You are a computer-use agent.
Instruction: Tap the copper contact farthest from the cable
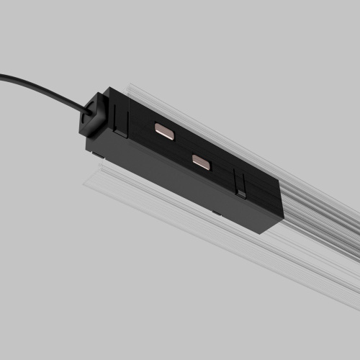pos(202,162)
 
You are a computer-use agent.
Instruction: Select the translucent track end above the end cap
pos(133,89)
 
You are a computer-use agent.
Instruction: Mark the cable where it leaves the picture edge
pos(2,75)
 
